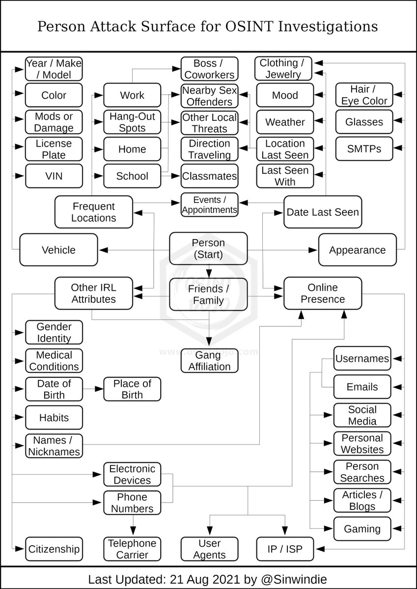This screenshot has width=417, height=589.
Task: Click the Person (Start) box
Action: [x=209, y=249]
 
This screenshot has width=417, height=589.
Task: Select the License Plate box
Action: [x=54, y=149]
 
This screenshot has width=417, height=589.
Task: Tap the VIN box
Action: [x=54, y=176]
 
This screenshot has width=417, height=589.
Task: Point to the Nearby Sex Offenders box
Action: [x=209, y=96]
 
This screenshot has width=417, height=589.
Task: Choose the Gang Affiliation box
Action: [x=209, y=361]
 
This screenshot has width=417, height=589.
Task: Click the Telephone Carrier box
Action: [x=132, y=549]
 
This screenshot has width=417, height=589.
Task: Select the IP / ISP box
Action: [x=285, y=549]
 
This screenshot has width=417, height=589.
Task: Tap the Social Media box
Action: [x=362, y=415]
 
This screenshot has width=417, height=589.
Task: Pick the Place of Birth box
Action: [x=132, y=389]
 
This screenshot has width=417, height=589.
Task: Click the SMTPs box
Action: [x=364, y=149]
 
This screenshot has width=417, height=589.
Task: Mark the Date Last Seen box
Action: [x=323, y=212]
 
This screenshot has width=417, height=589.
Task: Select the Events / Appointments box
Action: [x=209, y=205]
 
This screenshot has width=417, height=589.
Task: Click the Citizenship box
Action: [x=54, y=549]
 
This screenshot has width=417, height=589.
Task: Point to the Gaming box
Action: [x=362, y=529]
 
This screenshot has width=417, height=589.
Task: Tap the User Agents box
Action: [x=209, y=549]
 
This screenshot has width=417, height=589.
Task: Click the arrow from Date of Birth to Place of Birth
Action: [x=93, y=389]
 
